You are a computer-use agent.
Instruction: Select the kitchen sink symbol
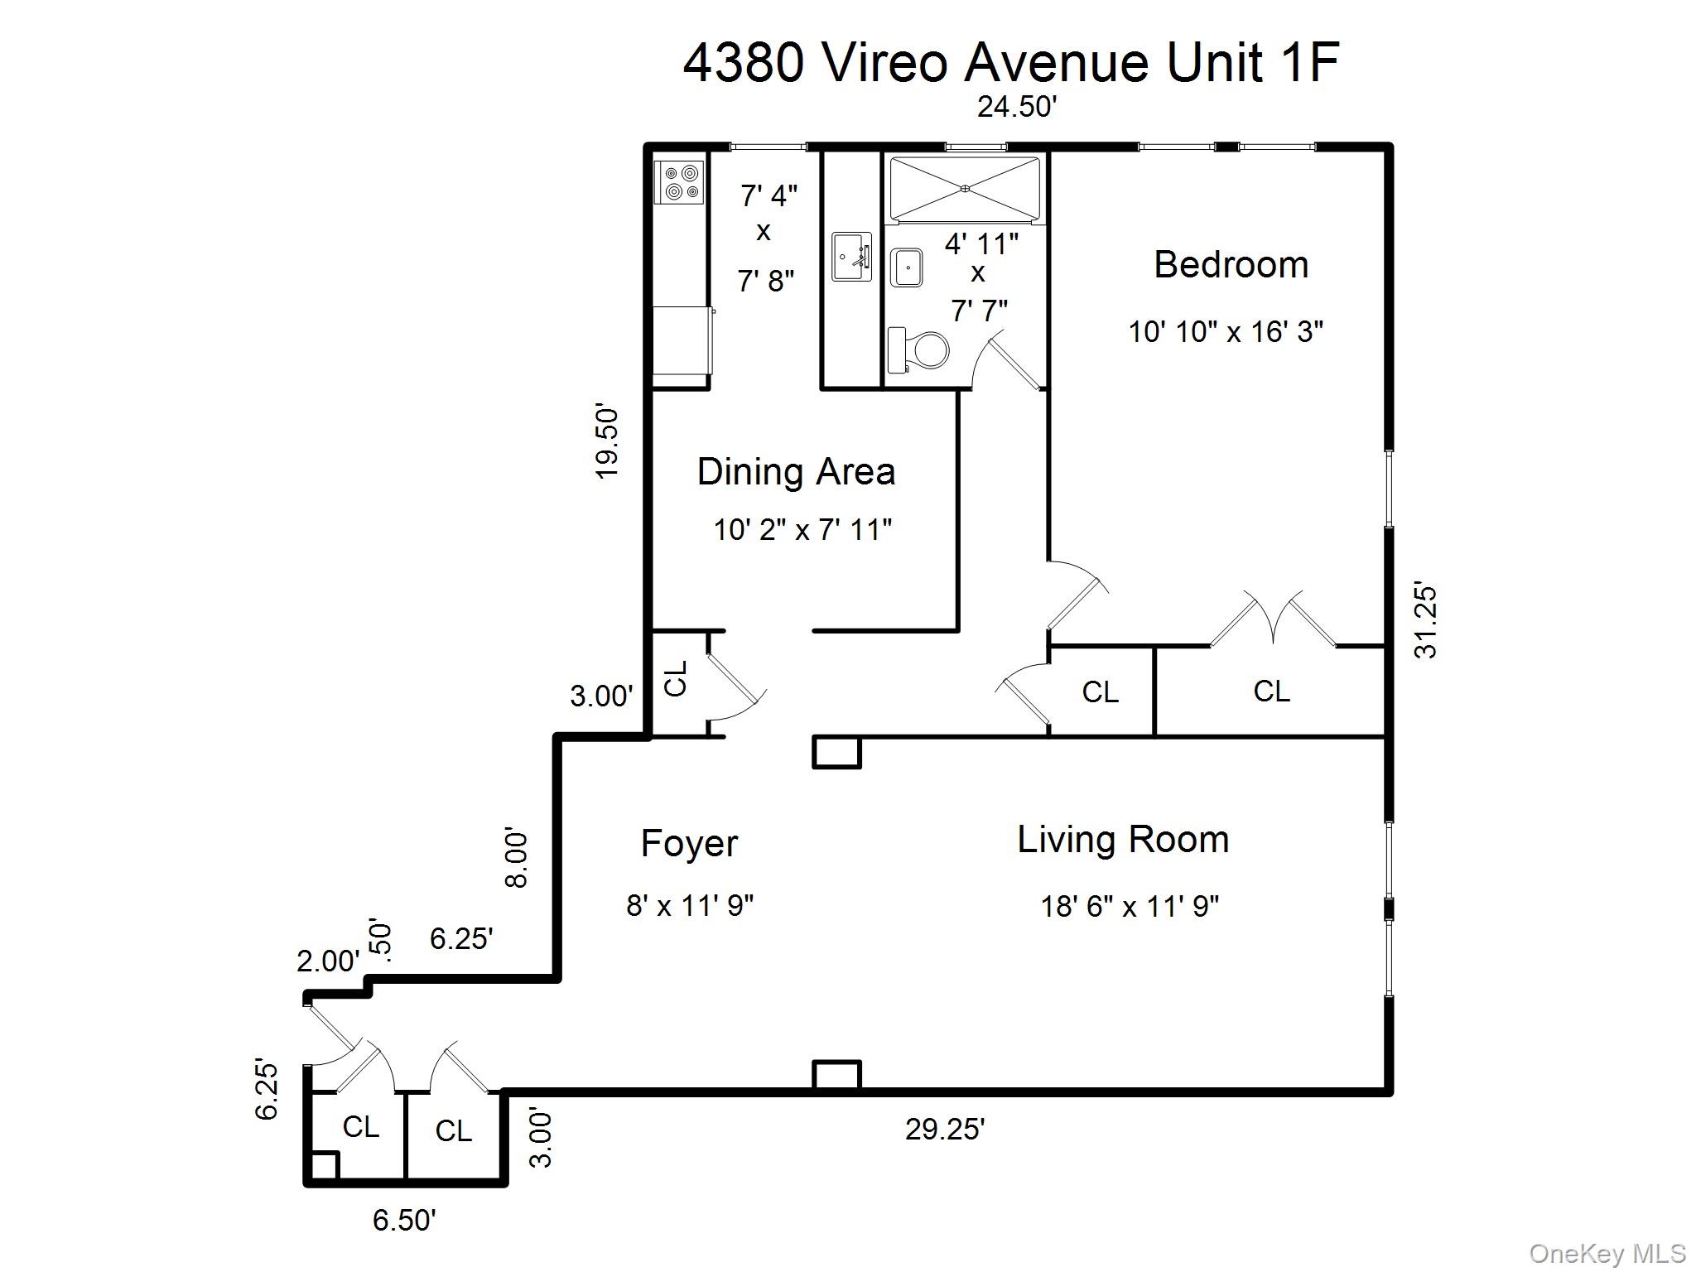coord(850,258)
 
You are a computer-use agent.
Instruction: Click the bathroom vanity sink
coord(907,267)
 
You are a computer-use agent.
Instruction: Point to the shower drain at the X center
coord(965,189)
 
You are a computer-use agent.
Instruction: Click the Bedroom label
coord(1231,265)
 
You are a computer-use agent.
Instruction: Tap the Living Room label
coord(1123,840)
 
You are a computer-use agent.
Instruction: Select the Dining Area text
coord(796,472)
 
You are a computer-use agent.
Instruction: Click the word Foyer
coord(689,844)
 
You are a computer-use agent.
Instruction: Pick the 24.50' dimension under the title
coord(1017,107)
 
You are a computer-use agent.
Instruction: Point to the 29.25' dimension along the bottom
coord(945,1129)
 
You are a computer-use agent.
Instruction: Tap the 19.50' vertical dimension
coord(607,442)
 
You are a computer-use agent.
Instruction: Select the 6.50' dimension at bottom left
coord(404,1220)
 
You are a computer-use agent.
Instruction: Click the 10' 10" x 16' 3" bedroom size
coord(1226,332)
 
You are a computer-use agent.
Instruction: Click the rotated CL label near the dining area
coord(677,678)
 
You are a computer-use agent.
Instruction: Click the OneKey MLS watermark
coord(1607,1254)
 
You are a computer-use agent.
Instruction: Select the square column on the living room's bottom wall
coord(836,1075)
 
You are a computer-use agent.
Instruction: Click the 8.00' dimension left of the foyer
coord(516,858)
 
